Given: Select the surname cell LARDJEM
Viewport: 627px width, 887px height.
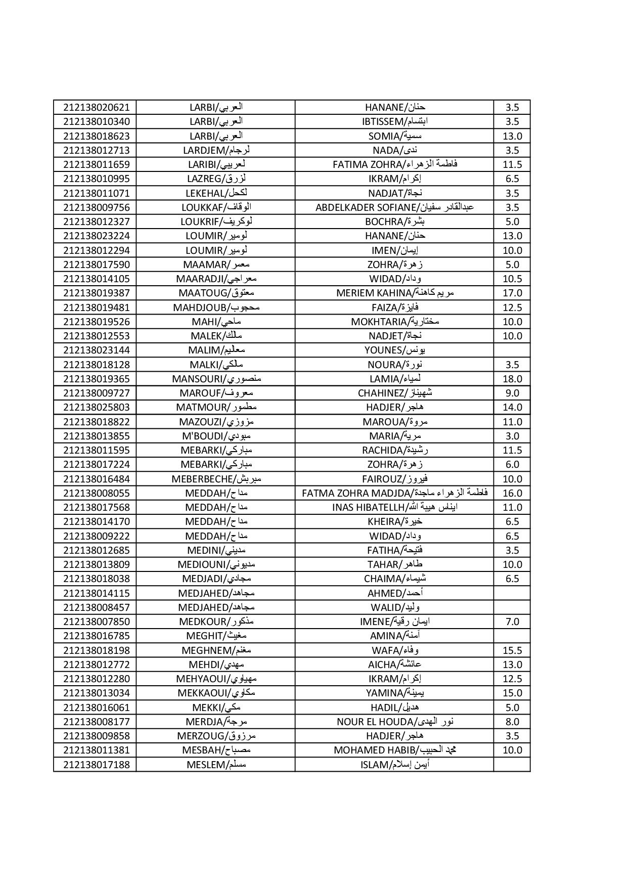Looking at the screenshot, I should (216, 150).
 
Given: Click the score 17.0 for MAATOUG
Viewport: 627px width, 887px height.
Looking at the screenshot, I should (512, 293).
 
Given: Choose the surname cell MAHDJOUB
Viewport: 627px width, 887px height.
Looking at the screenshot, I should (216, 307).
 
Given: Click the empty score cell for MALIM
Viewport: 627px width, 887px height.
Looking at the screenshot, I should (512, 350).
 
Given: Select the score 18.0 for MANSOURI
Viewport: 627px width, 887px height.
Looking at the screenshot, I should (512, 379).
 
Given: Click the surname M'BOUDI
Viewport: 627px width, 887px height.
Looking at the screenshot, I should (216, 436).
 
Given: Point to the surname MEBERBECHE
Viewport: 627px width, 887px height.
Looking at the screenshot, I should (216, 479).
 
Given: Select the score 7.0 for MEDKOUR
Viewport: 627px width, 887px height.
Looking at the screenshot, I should (512, 622).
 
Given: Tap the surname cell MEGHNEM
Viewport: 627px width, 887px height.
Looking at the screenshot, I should (216, 650).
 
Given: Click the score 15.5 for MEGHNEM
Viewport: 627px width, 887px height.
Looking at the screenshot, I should (512, 650).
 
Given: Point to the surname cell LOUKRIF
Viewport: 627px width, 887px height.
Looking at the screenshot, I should (216, 221).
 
